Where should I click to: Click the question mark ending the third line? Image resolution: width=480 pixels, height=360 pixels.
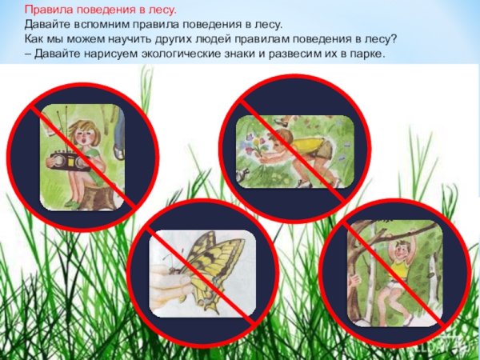(397, 39)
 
